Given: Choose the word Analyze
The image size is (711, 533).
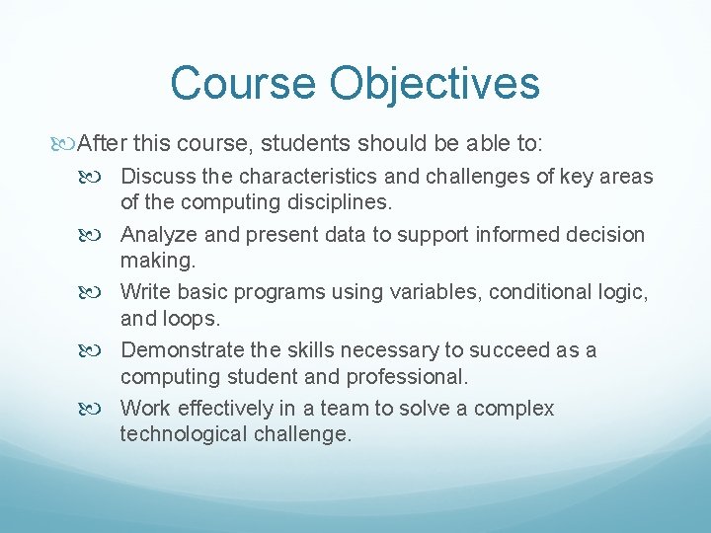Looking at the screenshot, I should (160, 235).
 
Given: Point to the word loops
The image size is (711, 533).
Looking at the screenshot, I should (193, 319).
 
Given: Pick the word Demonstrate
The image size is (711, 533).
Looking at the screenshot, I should (183, 350).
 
